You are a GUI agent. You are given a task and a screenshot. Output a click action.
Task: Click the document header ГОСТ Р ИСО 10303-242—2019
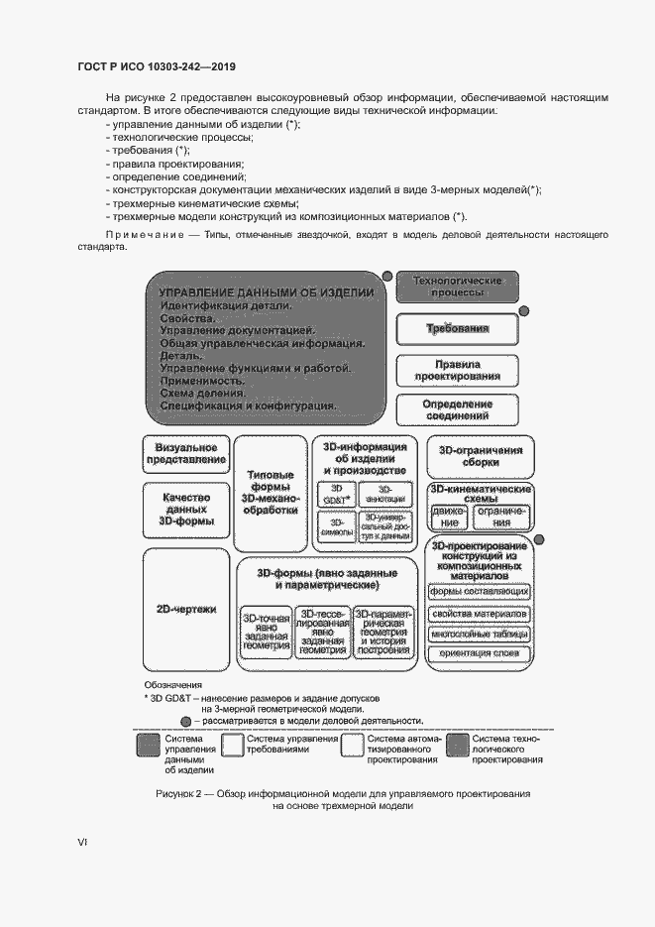[x=156, y=67]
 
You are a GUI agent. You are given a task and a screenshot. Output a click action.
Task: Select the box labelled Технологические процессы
[x=457, y=288]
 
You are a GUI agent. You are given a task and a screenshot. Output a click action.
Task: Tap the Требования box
[x=457, y=328]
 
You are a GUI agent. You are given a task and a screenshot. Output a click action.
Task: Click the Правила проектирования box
[x=457, y=370]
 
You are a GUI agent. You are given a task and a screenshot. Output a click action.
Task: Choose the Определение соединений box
[x=457, y=410]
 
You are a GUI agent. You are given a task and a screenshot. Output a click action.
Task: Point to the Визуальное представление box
[x=186, y=453]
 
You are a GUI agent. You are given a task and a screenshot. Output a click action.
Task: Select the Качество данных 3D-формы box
[x=186, y=508]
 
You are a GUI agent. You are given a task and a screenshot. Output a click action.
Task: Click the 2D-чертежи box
[x=186, y=609]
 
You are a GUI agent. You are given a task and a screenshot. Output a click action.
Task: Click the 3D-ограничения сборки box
[x=479, y=456]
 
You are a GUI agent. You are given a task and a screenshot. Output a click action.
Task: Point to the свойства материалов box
[x=479, y=613]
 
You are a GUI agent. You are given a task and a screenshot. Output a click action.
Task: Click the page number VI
[x=82, y=842]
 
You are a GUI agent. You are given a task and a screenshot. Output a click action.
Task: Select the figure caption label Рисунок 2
[x=185, y=794]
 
